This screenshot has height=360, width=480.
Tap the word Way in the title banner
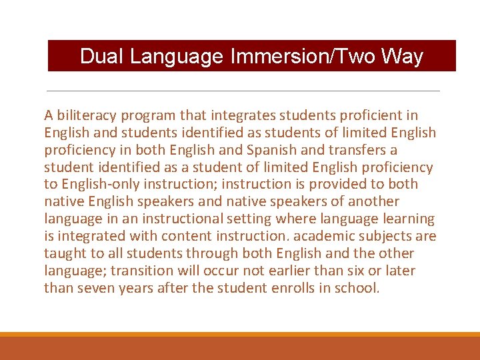[x=403, y=57]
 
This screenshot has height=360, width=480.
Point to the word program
[x=151, y=115]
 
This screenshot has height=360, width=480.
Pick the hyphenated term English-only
[x=103, y=185]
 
